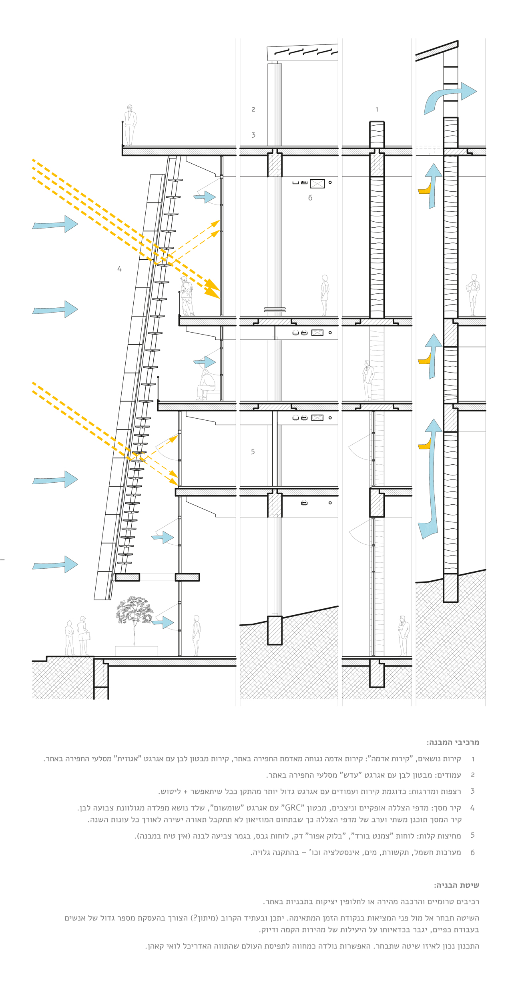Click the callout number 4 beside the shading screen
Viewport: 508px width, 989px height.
pos(119,269)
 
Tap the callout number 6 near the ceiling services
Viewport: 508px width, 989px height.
pos(310,198)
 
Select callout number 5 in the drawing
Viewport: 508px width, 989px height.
pos(253,451)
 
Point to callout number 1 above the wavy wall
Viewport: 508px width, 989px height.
pos(377,109)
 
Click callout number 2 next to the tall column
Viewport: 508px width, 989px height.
pos(253,109)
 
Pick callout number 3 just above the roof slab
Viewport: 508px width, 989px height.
pos(253,135)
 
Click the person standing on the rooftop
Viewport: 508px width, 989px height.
pos(130,125)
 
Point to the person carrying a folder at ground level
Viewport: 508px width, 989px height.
pos(83,636)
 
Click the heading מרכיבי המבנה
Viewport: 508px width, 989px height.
pos(453,742)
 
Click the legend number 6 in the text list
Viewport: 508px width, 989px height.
pos(472,853)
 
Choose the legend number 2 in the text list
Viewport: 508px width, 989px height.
pos(472,775)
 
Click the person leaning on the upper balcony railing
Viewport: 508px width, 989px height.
pos(186,296)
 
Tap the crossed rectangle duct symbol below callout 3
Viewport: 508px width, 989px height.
pos(317,184)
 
